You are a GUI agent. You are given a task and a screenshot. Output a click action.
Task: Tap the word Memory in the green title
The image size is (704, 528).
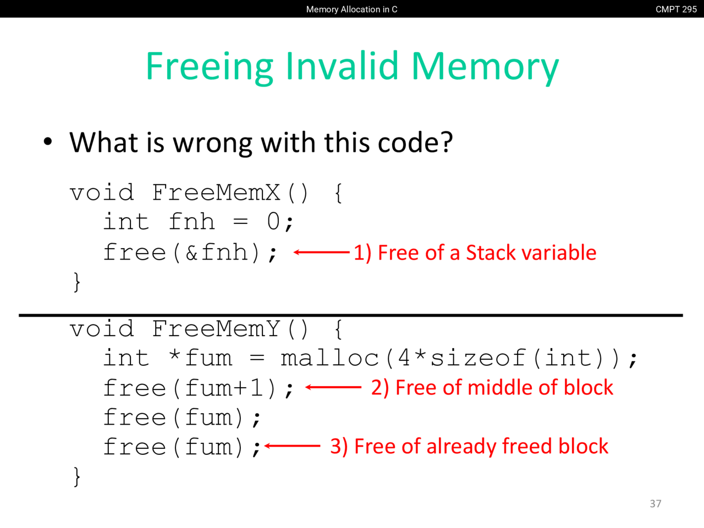tap(485, 68)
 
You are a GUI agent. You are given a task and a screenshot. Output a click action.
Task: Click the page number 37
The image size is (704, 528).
tap(655, 504)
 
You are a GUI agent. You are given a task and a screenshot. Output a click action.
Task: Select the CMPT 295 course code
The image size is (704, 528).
tap(676, 9)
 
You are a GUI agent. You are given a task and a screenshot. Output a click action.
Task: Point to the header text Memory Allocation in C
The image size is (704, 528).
tap(351, 9)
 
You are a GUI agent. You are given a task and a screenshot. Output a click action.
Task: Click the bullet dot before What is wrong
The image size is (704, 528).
tap(48, 142)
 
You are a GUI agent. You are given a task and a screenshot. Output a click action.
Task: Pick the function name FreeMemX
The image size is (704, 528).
tap(216, 193)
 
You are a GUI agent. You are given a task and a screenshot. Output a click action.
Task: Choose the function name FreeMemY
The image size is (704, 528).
tap(216, 329)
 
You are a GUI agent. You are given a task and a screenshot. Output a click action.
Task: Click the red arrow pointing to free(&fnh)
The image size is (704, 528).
tap(321, 252)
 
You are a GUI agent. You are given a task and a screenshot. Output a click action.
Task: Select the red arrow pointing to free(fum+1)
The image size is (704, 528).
tap(333, 387)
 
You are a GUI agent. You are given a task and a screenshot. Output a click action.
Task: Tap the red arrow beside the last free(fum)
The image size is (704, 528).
tap(292, 446)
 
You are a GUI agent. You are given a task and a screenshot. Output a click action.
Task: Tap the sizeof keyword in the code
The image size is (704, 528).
tap(477, 358)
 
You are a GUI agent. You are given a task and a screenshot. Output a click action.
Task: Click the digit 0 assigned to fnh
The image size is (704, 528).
tap(273, 222)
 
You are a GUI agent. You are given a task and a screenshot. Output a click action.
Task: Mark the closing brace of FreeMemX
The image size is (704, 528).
tap(76, 282)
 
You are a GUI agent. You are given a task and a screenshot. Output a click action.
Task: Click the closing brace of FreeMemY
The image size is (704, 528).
tap(76, 477)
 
